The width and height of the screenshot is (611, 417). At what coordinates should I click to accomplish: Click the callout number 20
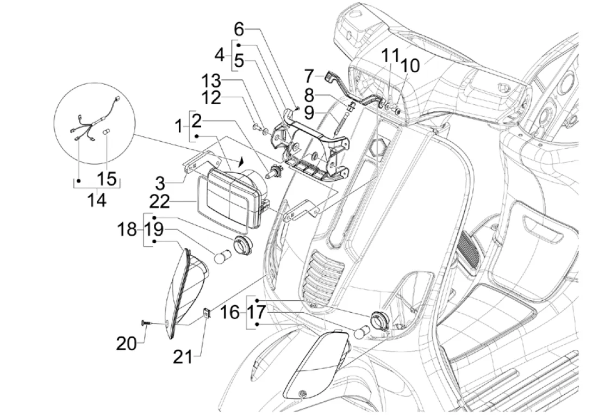coord(126,343)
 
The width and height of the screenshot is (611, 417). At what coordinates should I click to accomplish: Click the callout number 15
coord(108,178)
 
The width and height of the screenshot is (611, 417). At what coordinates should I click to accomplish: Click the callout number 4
coord(220,54)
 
